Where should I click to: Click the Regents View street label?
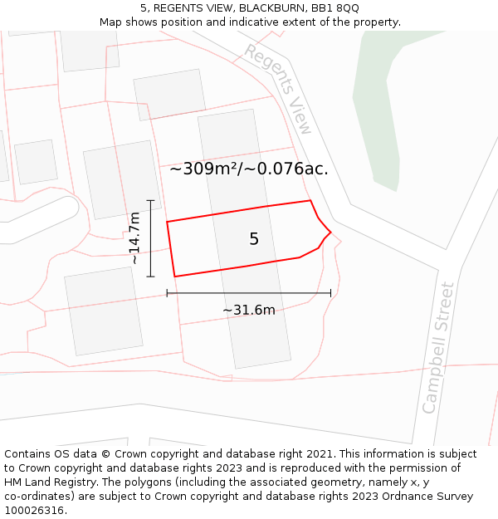(279, 89)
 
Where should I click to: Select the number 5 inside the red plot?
(254, 239)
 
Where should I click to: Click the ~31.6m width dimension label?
(248, 311)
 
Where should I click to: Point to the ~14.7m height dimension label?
(134, 238)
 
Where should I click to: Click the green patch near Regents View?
(385, 108)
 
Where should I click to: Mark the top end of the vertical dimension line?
(150, 200)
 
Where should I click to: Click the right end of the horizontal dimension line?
(330, 292)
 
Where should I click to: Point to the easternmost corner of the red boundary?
(331, 233)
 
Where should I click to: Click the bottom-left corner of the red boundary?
(174, 277)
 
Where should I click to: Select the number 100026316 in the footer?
(33, 511)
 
